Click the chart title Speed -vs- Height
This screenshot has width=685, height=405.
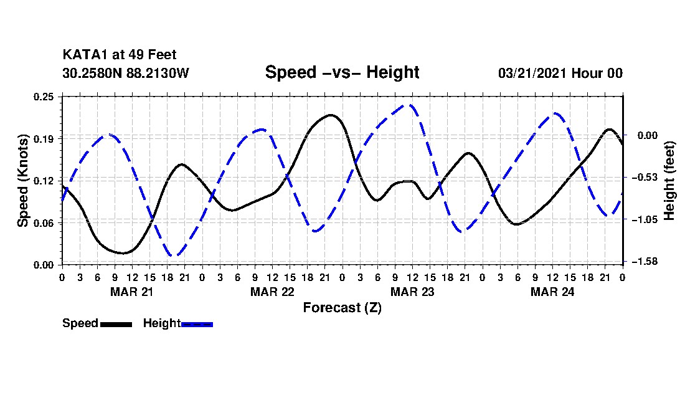[x=342, y=72]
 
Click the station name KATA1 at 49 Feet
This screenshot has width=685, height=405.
[x=120, y=55]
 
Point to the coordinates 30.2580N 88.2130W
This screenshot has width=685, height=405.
[x=126, y=73]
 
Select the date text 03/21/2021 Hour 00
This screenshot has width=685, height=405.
[x=560, y=73]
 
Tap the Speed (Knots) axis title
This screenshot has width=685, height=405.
[x=22, y=181]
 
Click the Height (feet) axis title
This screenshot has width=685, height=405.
[x=669, y=181]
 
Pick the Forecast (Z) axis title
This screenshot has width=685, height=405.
[x=342, y=308]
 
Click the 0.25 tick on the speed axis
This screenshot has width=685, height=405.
[x=44, y=97]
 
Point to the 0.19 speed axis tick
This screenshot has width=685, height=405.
[x=44, y=139]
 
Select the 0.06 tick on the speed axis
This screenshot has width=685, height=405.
[x=44, y=223]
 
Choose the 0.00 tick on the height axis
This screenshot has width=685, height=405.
[x=648, y=135]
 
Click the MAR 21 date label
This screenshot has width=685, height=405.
[x=132, y=292]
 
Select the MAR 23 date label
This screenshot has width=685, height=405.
[x=412, y=292]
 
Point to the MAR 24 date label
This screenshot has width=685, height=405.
[x=552, y=292]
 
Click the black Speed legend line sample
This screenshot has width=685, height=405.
[x=116, y=324]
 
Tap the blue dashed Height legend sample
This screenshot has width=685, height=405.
[x=197, y=324]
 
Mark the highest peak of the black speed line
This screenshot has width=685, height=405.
[x=331, y=115]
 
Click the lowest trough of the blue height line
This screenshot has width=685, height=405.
[x=174, y=255]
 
